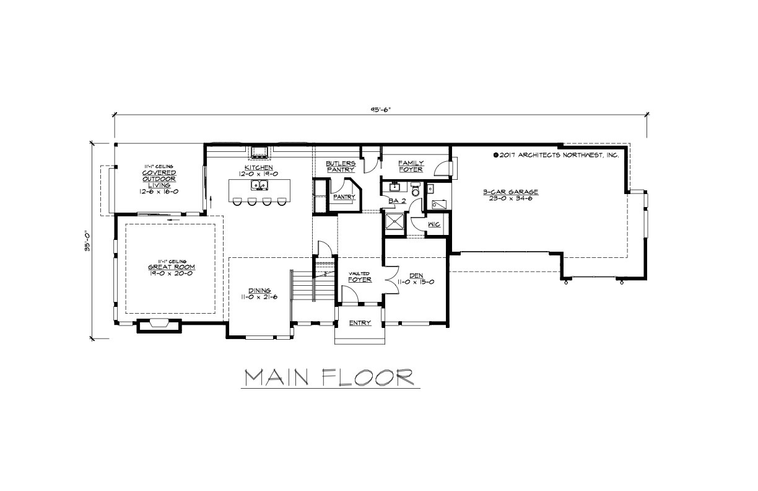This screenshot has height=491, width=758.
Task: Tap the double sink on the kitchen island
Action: tap(259, 185)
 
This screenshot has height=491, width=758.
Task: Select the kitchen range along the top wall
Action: tap(259, 151)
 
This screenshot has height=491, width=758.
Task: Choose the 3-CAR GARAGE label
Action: tap(511, 192)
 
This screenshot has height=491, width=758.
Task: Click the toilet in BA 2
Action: tap(416, 190)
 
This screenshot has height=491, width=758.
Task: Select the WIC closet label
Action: tap(433, 224)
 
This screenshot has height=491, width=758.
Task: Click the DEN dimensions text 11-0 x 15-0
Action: tap(420, 281)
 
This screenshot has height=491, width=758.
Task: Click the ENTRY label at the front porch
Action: tap(360, 322)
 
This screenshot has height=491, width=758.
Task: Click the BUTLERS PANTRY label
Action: tap(341, 166)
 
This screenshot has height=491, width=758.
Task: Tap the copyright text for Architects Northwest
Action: tap(555, 156)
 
